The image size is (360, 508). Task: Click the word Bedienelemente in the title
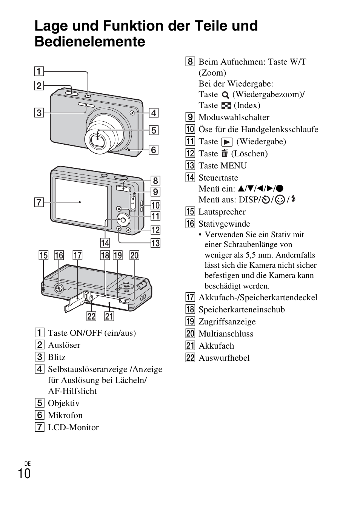tap(89, 42)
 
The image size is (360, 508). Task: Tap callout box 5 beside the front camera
tap(154, 130)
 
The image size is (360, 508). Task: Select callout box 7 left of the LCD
tap(39, 202)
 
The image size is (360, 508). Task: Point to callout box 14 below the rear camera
tap(105, 242)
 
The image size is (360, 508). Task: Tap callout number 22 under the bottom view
tap(91, 316)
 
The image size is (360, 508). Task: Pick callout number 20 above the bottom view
tap(134, 255)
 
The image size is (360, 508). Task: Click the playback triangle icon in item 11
tap(227, 142)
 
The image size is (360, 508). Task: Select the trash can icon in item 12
tap(225, 153)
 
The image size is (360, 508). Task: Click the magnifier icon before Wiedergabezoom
tap(225, 95)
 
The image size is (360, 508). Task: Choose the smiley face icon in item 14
tap(280, 200)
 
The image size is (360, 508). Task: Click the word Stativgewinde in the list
tap(224, 224)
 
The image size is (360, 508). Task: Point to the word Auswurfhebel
tap(224, 358)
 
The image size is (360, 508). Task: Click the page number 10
tap(24, 473)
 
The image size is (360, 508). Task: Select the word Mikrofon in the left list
tap(65, 415)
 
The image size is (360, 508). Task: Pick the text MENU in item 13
tap(234, 165)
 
